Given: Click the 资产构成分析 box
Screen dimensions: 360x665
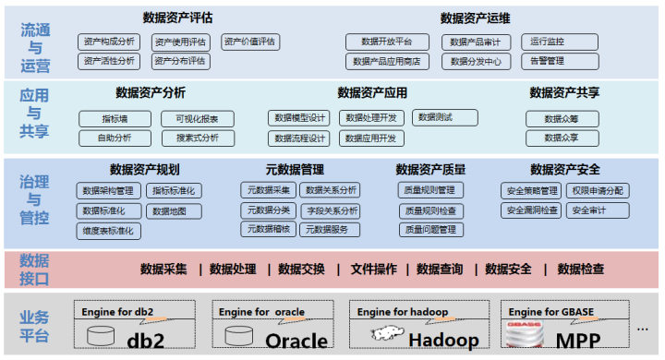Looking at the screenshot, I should (109, 42).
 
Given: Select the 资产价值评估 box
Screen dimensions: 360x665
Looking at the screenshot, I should (251, 42).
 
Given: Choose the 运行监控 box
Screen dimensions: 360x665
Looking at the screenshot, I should (549, 42).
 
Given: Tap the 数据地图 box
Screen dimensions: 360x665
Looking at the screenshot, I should (170, 210).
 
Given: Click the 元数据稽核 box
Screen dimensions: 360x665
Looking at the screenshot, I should (268, 230).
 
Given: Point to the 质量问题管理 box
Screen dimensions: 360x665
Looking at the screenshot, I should (430, 230).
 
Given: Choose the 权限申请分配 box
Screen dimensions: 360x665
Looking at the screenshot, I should (598, 191).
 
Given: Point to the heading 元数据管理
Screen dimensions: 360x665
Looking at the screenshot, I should (295, 170).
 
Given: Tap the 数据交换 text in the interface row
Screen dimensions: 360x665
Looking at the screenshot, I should (302, 270).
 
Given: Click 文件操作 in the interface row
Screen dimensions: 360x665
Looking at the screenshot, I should (374, 270).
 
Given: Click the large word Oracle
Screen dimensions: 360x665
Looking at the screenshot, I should (296, 341).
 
